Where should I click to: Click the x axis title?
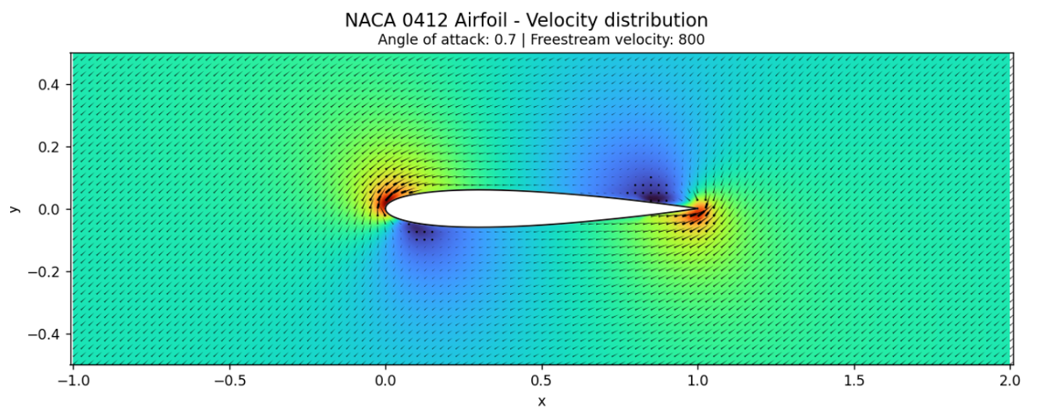pos(542,400)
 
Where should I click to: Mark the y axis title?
pos(15,208)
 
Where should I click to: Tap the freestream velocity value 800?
pos(690,40)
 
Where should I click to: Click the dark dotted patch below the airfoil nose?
pos(423,235)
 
